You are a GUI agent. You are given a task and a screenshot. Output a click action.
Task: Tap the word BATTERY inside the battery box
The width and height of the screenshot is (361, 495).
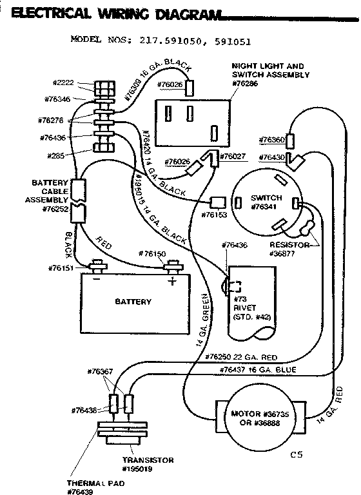coord(133,302)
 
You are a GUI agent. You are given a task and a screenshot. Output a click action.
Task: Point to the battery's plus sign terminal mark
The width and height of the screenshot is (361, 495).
coord(171,282)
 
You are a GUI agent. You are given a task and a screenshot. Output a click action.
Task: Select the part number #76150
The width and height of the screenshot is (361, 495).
coord(152,253)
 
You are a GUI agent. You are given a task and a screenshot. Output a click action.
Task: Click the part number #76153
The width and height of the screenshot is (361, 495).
coord(214,214)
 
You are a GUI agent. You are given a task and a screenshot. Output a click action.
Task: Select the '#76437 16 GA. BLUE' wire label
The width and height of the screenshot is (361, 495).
coord(257,369)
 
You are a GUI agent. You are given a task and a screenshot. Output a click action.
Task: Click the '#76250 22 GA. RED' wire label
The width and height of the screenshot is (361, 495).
coord(241,356)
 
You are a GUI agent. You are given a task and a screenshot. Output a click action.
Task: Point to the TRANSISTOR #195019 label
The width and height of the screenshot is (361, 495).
coord(148,463)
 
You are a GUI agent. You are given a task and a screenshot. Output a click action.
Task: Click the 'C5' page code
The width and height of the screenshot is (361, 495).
coord(296,454)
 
